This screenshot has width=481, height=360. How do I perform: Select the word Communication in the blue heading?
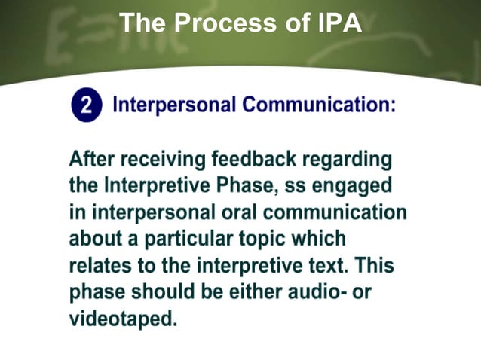tap(319, 105)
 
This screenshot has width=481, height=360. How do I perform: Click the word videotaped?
tap(123, 319)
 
